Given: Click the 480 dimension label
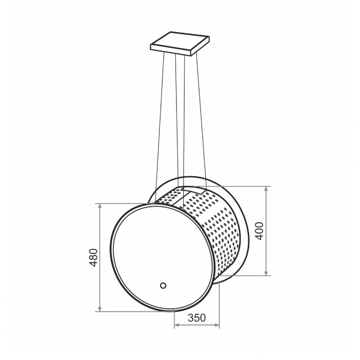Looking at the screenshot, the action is [x=93, y=257].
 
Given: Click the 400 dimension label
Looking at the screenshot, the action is [x=259, y=231].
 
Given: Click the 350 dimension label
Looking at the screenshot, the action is [x=197, y=318].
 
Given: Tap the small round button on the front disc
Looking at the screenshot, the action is [x=163, y=286].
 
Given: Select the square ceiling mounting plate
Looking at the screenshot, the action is [x=180, y=44].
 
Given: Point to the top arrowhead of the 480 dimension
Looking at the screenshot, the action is [x=100, y=206].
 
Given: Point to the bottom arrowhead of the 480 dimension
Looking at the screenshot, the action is [x=100, y=309].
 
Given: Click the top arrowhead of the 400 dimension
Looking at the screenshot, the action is [x=266, y=189].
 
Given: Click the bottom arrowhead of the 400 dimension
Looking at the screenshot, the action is [x=266, y=273].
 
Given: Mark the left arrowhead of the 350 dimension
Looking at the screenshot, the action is [x=177, y=325].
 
